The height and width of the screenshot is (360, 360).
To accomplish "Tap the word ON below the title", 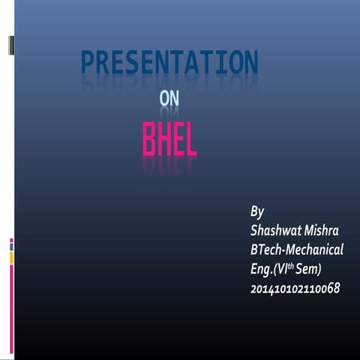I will [170, 100].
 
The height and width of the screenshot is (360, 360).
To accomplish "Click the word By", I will [257, 211].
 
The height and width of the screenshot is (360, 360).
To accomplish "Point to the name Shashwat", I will [276, 229].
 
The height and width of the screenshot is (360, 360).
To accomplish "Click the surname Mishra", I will [322, 229].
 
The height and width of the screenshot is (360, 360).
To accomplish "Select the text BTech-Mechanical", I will [297, 248].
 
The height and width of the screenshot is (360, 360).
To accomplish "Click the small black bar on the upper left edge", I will [10, 44].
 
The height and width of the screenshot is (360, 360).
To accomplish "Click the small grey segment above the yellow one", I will [11, 247].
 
